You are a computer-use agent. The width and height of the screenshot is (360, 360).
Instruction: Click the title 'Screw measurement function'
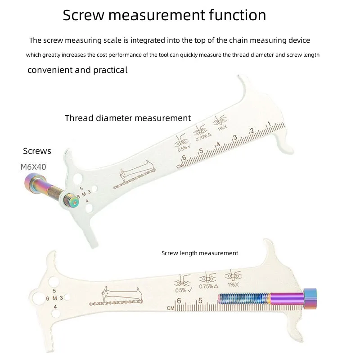tap(164, 15)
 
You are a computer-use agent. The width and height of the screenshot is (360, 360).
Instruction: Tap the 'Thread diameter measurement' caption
tap(128, 118)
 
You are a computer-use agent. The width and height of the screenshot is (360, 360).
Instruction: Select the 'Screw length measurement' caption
tap(200, 253)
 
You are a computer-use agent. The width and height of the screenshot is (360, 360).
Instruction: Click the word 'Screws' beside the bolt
tap(37, 151)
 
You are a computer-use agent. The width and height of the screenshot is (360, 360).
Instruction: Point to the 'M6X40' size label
tap(33, 167)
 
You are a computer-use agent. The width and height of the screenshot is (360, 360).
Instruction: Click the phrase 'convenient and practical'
tap(77, 70)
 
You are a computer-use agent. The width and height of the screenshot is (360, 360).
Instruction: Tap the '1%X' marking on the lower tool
tap(233, 285)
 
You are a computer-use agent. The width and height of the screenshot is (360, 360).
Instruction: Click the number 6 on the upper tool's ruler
tap(184, 157)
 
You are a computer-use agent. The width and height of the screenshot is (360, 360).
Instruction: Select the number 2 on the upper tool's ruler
tap(252, 131)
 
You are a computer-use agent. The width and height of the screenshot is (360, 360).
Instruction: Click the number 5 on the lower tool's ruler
tap(200, 301)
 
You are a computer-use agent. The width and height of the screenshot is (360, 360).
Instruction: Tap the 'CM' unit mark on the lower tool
tap(170, 308)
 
